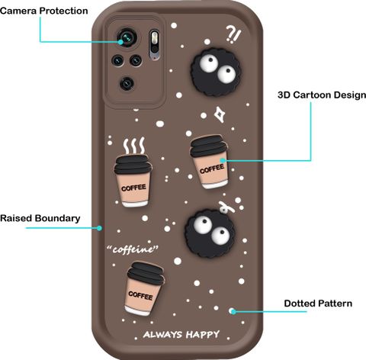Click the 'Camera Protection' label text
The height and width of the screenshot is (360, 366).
click(44, 11)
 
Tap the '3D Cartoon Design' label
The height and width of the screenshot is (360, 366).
click(322, 95)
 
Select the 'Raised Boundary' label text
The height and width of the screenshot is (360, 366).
click(40, 218)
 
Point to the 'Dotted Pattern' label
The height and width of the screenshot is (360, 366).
click(318, 304)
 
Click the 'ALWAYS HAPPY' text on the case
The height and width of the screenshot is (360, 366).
click(181, 335)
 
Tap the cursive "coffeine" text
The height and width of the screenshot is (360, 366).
click(133, 249)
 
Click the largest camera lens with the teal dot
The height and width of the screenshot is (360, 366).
click(127, 38)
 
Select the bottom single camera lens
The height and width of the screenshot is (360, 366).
click(127, 83)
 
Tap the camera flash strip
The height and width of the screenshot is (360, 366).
click(154, 45)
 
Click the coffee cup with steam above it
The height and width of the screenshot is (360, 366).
click(133, 181)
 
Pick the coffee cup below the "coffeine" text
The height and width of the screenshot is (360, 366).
click(144, 288)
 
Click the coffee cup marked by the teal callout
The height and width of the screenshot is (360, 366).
click(209, 162)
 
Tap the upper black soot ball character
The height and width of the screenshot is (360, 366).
click(216, 72)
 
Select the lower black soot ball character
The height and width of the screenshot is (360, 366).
click(210, 233)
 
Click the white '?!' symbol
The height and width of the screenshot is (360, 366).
click(233, 34)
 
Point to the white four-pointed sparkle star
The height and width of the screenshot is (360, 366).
click(220, 114)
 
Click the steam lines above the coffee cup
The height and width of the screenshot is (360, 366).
click(134, 146)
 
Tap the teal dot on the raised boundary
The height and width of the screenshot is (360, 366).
click(100, 228)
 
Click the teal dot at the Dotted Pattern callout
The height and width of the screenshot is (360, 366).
click(233, 311)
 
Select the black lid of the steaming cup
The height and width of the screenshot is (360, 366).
click(133, 164)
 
